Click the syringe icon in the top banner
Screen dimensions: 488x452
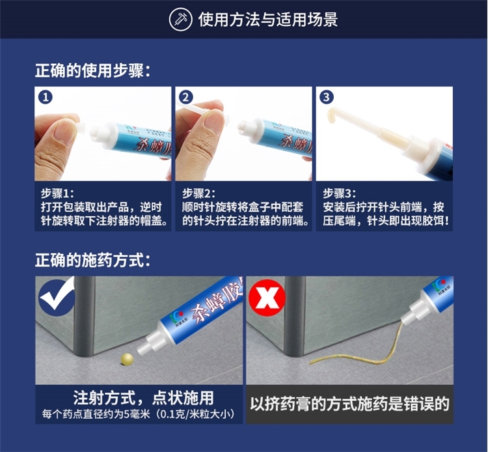pos(180,20)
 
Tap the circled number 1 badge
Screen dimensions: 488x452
pos(46,98)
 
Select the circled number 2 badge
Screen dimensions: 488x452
pos(186,98)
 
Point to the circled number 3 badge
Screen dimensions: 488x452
pos(327,98)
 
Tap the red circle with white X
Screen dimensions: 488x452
pos(267,297)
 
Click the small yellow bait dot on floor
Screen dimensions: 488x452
pos(127,359)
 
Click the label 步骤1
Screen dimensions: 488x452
pos(57,193)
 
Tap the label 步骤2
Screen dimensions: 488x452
pos(198,193)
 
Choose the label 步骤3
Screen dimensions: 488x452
pos(339,193)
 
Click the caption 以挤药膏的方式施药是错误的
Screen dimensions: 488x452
pos(350,404)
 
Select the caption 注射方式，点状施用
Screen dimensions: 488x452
pos(144,398)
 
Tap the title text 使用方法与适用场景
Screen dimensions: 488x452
pos(268,20)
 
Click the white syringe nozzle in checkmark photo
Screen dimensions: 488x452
pos(148,343)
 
